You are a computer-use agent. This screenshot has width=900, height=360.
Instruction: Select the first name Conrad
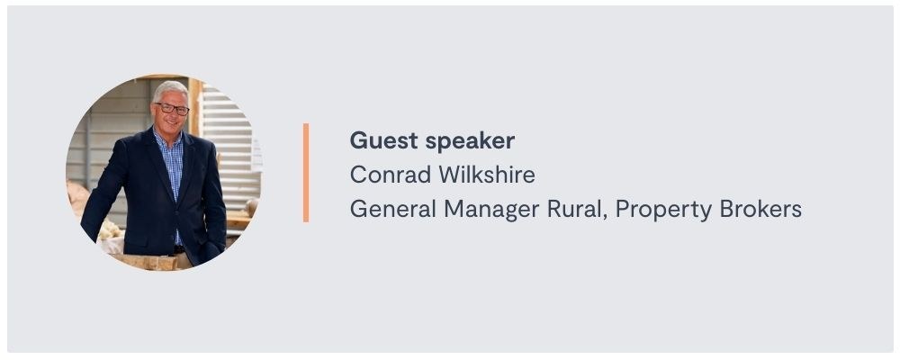tap(391, 175)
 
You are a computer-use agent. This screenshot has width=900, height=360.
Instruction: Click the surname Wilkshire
tap(487, 175)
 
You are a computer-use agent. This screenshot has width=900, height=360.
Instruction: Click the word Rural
tap(578, 210)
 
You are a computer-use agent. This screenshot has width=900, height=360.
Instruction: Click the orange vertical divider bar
tap(306, 172)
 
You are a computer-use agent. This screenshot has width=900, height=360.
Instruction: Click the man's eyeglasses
tap(172, 109)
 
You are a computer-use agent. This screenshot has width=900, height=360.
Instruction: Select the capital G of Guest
tap(358, 140)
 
